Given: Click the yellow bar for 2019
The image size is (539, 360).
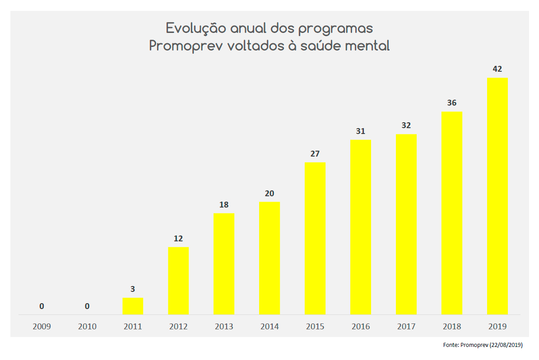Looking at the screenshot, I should tap(497, 196).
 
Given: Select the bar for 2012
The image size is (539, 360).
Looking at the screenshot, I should tap(178, 281).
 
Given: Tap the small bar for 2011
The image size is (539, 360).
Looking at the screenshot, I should tap(133, 306).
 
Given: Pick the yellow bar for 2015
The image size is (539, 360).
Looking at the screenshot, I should tap(315, 238).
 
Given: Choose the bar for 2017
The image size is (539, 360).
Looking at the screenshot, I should tap(406, 224).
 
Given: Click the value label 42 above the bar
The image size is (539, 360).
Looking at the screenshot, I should tap(497, 69).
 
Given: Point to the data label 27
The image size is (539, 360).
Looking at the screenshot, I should tap(315, 154).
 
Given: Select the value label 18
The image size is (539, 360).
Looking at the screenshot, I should tap(224, 205).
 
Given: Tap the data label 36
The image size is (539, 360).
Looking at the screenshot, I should tap(451, 103).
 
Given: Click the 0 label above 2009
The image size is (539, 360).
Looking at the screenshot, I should tap(42, 306).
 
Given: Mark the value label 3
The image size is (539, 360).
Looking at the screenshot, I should tap(133, 289).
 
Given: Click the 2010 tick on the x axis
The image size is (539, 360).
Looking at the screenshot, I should tap(87, 327).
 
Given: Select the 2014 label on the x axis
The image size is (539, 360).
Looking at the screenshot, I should tap(269, 327).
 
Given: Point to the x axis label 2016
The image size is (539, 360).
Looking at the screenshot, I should tap(360, 327).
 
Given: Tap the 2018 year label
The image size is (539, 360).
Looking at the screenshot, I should tap(451, 327).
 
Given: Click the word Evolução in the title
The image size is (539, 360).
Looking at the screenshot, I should tap(196, 28).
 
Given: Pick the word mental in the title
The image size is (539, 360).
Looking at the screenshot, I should tap(367, 46).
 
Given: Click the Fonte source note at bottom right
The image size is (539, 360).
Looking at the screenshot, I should tap(483, 345).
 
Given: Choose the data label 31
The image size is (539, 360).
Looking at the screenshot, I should tap(360, 131).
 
